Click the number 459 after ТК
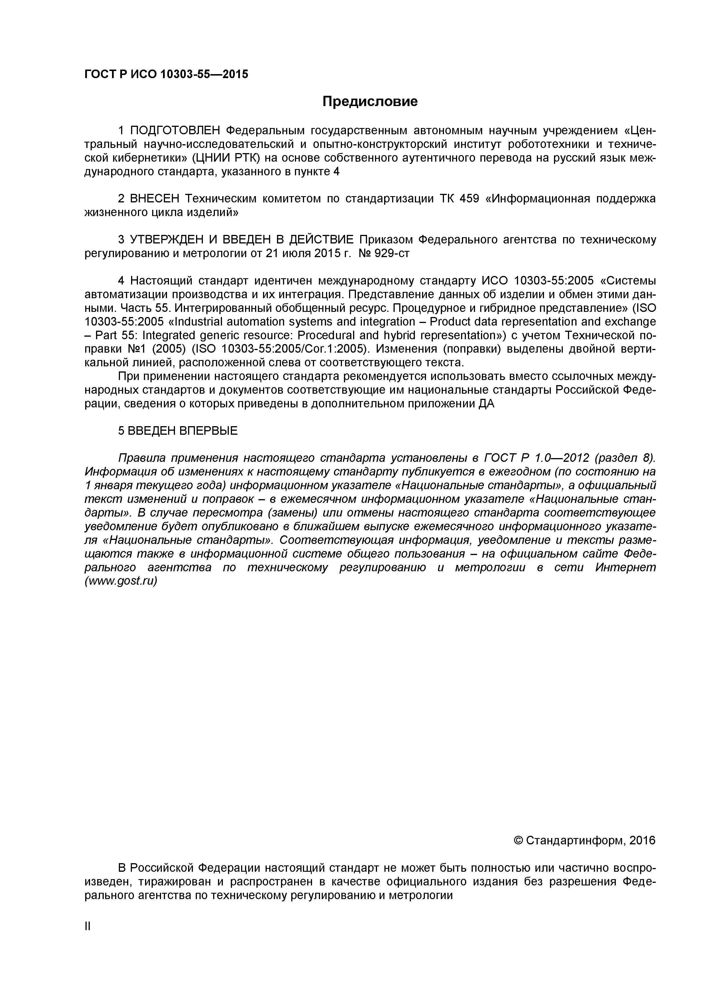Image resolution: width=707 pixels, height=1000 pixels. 469,199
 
